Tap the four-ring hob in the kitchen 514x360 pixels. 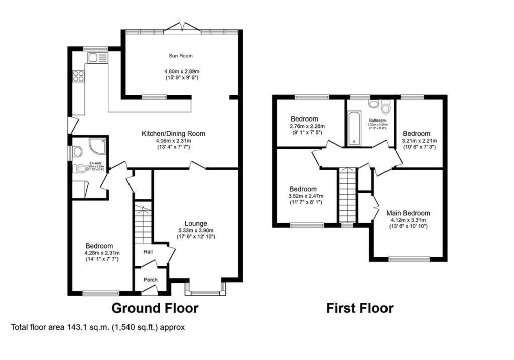pos(78,76)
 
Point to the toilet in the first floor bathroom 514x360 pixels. pos(385,108)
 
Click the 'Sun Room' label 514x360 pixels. pos(180,56)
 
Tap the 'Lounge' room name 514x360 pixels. pos(196,223)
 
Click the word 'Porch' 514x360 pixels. pos(150,280)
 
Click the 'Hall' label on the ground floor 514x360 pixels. pos(148,251)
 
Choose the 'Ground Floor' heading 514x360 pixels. pos(155,308)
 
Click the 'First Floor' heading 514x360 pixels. pos(359,308)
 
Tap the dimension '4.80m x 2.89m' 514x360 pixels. pos(180,71)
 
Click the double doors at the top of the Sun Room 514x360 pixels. pos(183,27)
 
